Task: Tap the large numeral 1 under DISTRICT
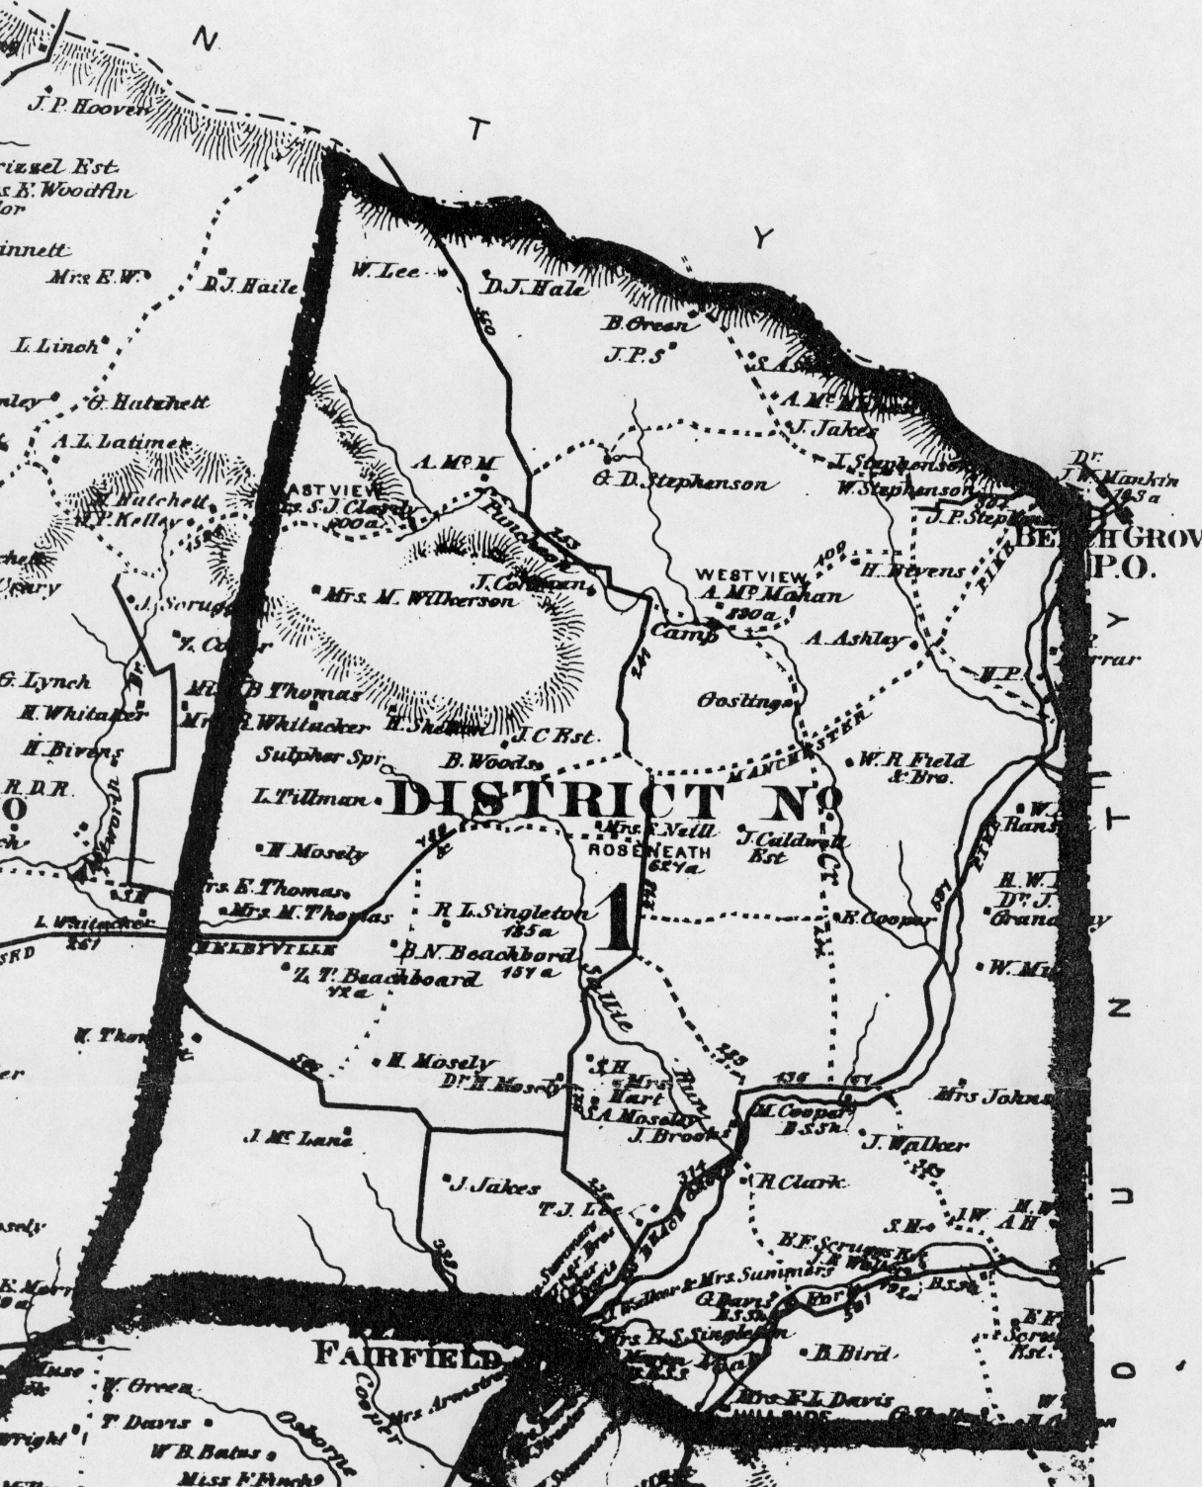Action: pos(614,917)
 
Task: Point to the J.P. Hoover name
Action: pos(86,104)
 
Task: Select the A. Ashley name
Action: pos(856,639)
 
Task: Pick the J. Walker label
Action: pos(913,1145)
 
